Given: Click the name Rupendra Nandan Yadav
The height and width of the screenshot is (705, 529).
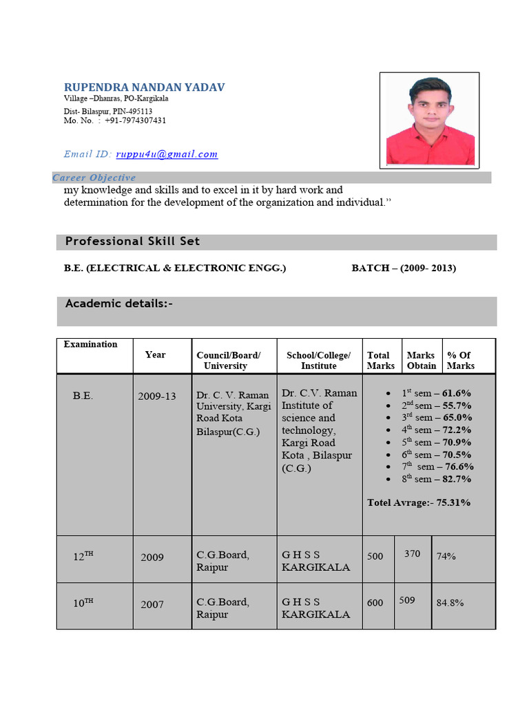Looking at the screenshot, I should click(x=144, y=87).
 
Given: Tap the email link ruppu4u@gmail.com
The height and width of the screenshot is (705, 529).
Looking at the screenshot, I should click(x=167, y=154).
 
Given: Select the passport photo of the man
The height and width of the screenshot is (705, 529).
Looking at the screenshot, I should click(x=430, y=120).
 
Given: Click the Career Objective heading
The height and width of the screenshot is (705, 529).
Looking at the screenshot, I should click(x=94, y=178).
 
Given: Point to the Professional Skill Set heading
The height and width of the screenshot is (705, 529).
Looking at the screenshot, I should click(x=132, y=241).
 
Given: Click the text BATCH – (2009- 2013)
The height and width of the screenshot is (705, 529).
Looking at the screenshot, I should click(x=404, y=269).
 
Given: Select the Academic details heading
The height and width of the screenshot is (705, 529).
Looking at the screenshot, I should click(x=118, y=304).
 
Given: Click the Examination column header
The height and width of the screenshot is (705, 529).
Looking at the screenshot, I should click(x=90, y=344).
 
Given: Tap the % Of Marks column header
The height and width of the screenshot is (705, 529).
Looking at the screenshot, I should click(x=460, y=360).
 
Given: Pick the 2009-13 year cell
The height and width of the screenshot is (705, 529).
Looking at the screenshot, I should click(x=157, y=396).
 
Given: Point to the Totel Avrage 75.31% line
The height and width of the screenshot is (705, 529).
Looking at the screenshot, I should click(x=419, y=503).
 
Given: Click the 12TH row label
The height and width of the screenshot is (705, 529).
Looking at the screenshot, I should click(x=83, y=556).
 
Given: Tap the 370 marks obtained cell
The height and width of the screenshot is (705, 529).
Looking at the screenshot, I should click(x=412, y=554).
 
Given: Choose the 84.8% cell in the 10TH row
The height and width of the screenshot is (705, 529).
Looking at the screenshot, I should click(x=450, y=603).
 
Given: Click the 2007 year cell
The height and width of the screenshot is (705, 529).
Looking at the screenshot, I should click(x=152, y=604).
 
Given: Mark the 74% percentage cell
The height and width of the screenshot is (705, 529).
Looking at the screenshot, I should click(x=446, y=556).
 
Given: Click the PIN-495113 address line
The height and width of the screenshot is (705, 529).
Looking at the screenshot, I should click(x=108, y=111).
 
